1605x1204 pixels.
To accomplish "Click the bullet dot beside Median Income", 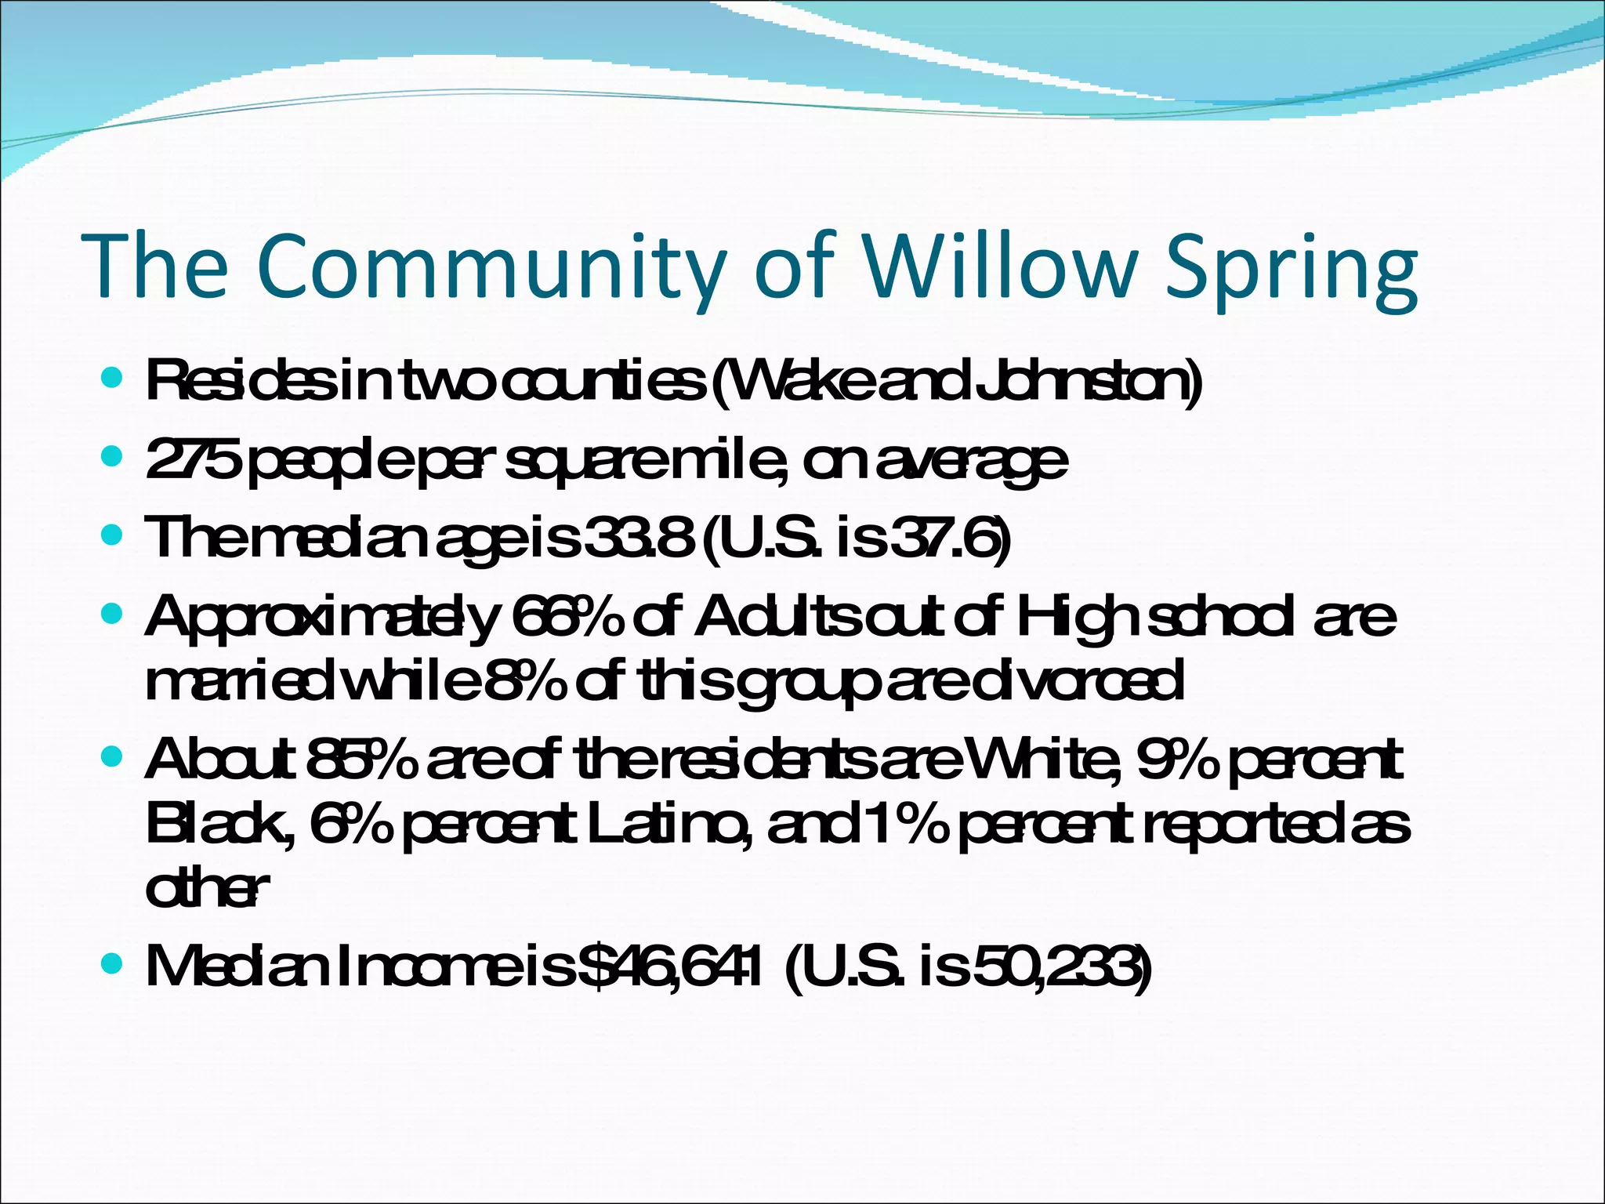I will pyautogui.click(x=113, y=961).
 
